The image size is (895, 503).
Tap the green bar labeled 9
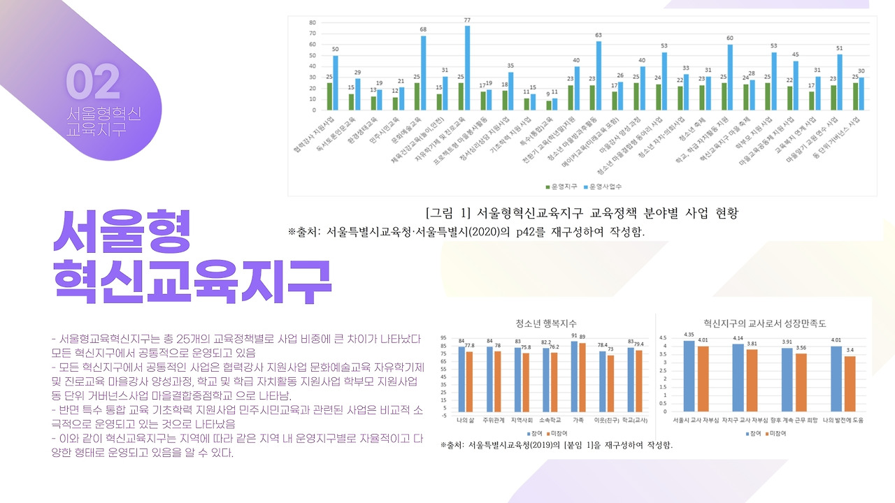[x=549, y=105]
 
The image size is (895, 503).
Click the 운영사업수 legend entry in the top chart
[x=605, y=187]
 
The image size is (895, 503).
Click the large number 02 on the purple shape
[x=93, y=82]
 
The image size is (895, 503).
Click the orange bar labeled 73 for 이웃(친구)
[x=610, y=384]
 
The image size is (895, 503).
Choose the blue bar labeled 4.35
[x=689, y=377]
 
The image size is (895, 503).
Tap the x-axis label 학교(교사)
[x=633, y=421]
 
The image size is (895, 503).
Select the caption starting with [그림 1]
[x=582, y=213]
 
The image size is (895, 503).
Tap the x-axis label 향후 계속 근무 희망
[x=790, y=421]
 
